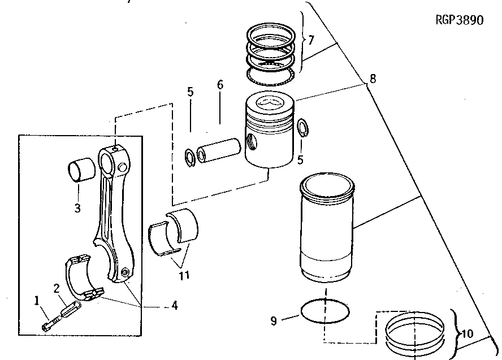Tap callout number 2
[57, 289]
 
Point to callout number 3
[77, 208]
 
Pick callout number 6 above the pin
[220, 85]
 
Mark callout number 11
[184, 276]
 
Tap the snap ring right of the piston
[302, 128]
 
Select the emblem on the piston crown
[269, 103]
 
